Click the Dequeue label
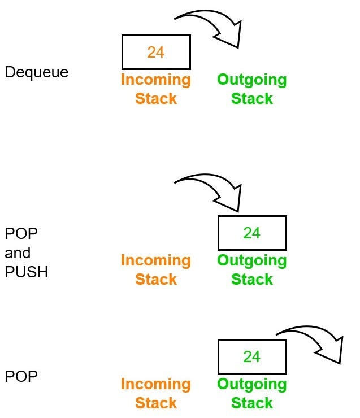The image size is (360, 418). coord(36,72)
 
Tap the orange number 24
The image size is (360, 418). coord(155,52)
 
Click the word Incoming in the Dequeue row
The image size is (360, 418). coord(155,80)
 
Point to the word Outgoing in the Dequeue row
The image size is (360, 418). coord(252,80)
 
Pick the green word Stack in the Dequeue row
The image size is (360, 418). coord(252,98)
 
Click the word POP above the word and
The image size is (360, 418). coord(21,234)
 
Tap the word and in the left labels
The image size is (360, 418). coord(18,252)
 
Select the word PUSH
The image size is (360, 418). coord(27,272)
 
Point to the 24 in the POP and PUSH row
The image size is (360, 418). coord(252,233)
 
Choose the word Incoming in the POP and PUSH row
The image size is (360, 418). coord(155,260)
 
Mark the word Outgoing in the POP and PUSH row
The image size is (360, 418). coord(252,260)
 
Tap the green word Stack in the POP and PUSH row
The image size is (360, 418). coord(252,279)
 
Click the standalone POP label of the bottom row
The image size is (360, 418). coord(21,376)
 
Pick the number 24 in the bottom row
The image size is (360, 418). coord(252,356)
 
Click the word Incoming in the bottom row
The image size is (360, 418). coord(155,384)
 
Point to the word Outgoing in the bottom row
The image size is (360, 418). coord(252,384)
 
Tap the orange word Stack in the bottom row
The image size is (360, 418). coord(155,403)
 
